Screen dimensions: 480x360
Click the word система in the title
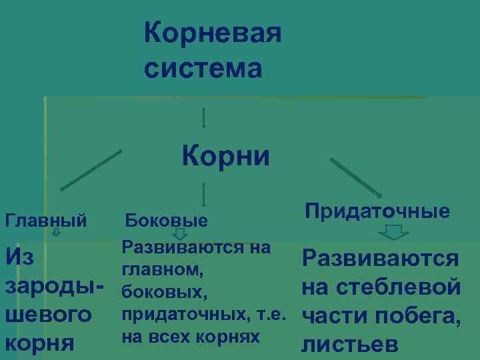coord(203,68)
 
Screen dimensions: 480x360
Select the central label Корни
coord(226,157)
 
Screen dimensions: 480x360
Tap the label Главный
coord(46,219)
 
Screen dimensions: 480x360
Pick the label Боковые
coord(167,220)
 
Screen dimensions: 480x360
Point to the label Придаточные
coord(377,211)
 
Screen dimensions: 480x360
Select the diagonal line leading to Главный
coord(91,171)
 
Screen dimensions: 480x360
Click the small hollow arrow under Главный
coord(57,233)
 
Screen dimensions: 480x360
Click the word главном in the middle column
coord(161,271)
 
